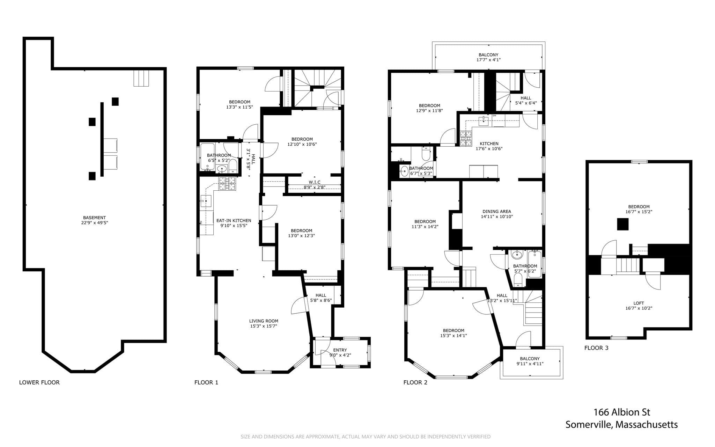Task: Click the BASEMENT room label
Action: (x=94, y=218)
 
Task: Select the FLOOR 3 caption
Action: (x=596, y=348)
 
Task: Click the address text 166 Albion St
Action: (x=622, y=412)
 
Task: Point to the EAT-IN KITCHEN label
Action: (x=234, y=221)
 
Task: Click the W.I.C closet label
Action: (x=314, y=182)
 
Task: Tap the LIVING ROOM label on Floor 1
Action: (x=264, y=321)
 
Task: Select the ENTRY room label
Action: (x=340, y=350)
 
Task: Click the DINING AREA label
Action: (x=497, y=211)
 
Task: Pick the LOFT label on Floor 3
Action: (x=639, y=303)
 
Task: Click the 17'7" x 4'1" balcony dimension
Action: (x=488, y=60)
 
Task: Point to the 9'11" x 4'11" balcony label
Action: (x=530, y=364)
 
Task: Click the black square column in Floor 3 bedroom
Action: (x=623, y=224)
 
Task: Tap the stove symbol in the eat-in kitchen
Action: (x=227, y=184)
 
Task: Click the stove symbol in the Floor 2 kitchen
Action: (x=465, y=138)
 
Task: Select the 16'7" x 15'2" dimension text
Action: (x=639, y=212)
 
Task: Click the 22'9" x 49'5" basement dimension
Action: (x=94, y=222)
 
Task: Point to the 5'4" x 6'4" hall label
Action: (x=526, y=103)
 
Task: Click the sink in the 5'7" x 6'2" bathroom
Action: (x=517, y=255)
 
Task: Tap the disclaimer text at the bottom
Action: (x=366, y=437)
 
